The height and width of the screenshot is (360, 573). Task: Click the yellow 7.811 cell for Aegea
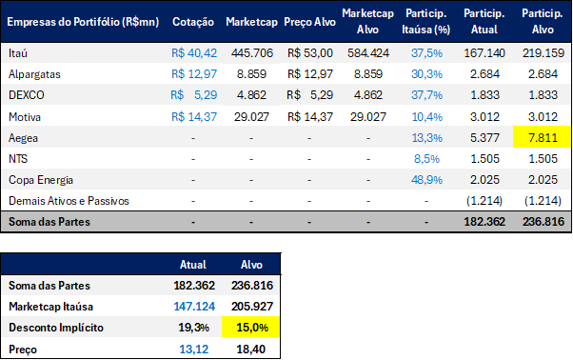(543, 137)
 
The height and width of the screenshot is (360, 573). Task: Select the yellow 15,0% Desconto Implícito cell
(251, 327)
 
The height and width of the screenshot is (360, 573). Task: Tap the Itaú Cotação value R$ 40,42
(194, 53)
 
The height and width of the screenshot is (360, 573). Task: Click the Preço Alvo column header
(309, 22)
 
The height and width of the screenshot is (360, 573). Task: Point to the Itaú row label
(18, 53)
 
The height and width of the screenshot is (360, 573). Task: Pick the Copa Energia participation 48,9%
(426, 180)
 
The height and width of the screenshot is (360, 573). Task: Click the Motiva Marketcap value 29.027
(251, 117)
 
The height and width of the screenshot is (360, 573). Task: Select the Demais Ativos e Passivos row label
(69, 201)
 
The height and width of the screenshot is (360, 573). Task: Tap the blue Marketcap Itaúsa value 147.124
(194, 307)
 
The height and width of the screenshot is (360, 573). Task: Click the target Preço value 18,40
(251, 349)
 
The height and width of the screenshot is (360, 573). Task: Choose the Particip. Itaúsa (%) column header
(426, 22)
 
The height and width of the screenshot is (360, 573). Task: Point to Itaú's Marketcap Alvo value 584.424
(368, 53)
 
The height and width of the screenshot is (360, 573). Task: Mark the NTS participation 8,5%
(426, 159)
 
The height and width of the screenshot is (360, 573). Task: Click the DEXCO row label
(27, 95)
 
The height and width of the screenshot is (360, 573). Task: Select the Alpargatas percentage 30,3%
(426, 74)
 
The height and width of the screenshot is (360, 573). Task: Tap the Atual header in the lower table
(193, 265)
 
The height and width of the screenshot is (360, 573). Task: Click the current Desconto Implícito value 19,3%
(193, 328)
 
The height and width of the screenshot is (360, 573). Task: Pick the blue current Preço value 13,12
(194, 349)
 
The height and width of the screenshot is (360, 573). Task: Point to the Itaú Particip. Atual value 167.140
(484, 53)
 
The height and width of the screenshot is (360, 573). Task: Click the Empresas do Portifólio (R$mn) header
(83, 22)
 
